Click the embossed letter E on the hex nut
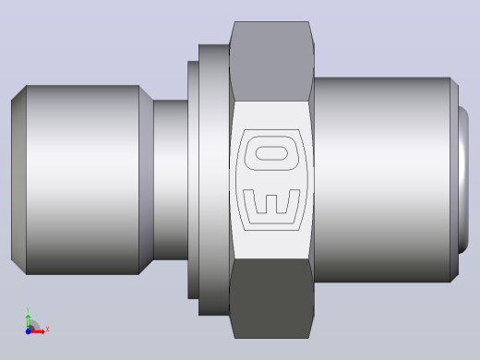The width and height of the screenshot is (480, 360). pyautogui.click(x=270, y=219)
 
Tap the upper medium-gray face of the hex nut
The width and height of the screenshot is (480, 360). pyautogui.click(x=271, y=61)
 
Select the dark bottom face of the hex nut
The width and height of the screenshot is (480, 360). pyautogui.click(x=271, y=298)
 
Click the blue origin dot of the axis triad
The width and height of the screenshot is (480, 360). pyautogui.click(x=28, y=331)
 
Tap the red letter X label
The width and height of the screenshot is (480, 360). pyautogui.click(x=47, y=330)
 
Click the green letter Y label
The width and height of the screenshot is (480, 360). pyautogui.click(x=28, y=310)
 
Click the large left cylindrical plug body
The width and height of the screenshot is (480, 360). pyautogui.click(x=82, y=180)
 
